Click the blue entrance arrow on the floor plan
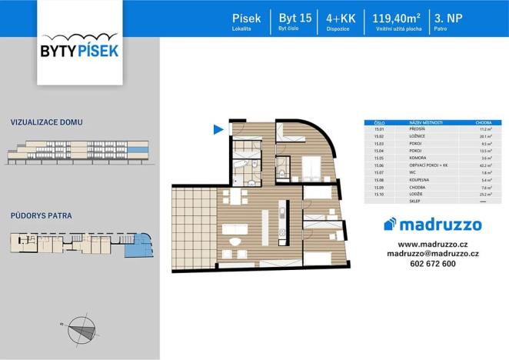click(x=219, y=129)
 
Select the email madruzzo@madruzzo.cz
click(x=433, y=253)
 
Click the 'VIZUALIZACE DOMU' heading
click(x=47, y=122)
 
